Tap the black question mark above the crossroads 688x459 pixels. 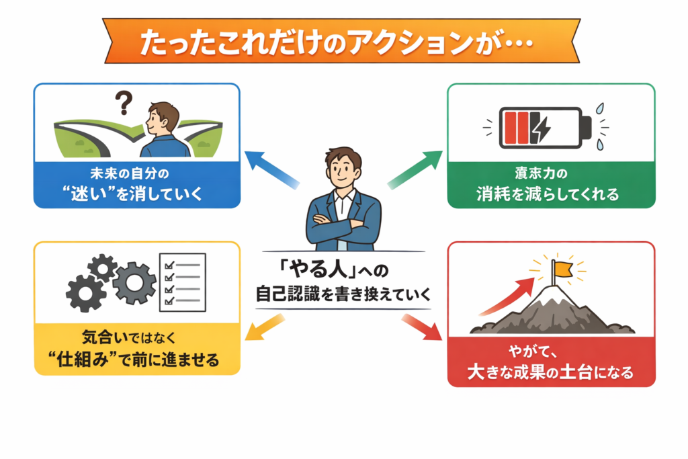[x=123, y=103]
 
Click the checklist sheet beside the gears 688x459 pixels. [x=181, y=282]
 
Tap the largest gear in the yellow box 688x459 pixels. [x=134, y=283]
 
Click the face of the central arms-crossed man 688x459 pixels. [x=343, y=169]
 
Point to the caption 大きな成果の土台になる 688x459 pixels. [x=550, y=372]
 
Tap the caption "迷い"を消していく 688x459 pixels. [x=136, y=195]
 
